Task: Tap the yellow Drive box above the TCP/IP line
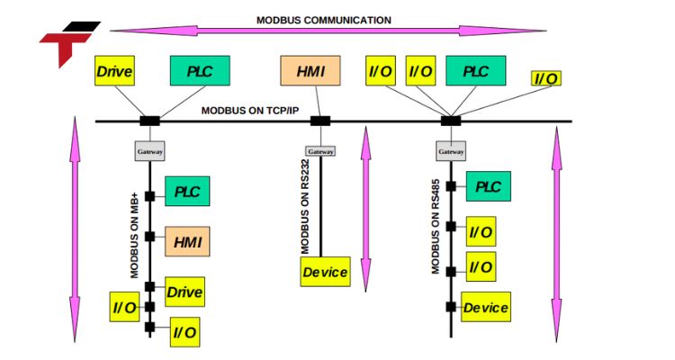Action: (115, 71)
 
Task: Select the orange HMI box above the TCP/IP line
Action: (310, 71)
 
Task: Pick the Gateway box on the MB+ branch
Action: (150, 152)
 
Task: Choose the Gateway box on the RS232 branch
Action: (319, 151)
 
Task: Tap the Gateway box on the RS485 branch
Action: (451, 152)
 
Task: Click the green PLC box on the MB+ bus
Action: (187, 193)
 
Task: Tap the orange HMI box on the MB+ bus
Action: (187, 242)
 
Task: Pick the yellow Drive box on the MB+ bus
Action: (184, 292)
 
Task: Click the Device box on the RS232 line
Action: (325, 272)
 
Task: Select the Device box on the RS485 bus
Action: (486, 307)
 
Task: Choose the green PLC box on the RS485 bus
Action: (488, 187)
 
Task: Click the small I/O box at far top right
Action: (545, 79)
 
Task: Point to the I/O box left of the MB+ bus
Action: (124, 307)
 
